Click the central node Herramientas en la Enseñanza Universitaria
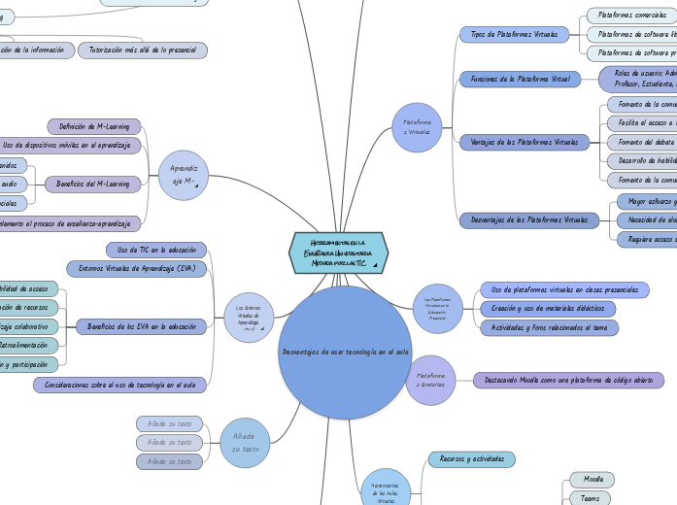(339, 252)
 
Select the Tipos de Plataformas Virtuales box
(514, 34)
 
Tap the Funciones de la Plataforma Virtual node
(520, 79)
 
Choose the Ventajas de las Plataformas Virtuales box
(524, 142)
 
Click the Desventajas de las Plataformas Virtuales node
(529, 220)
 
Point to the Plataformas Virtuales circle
(417, 126)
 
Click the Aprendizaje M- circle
(184, 176)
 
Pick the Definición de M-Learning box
(94, 126)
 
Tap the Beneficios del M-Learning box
(93, 184)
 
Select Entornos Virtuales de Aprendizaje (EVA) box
(136, 268)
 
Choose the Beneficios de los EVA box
(142, 327)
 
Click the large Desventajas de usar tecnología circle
(345, 352)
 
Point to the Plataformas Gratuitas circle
(430, 380)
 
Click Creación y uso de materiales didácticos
(548, 308)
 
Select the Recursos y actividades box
(471, 458)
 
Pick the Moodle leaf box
(592, 480)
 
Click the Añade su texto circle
(245, 443)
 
